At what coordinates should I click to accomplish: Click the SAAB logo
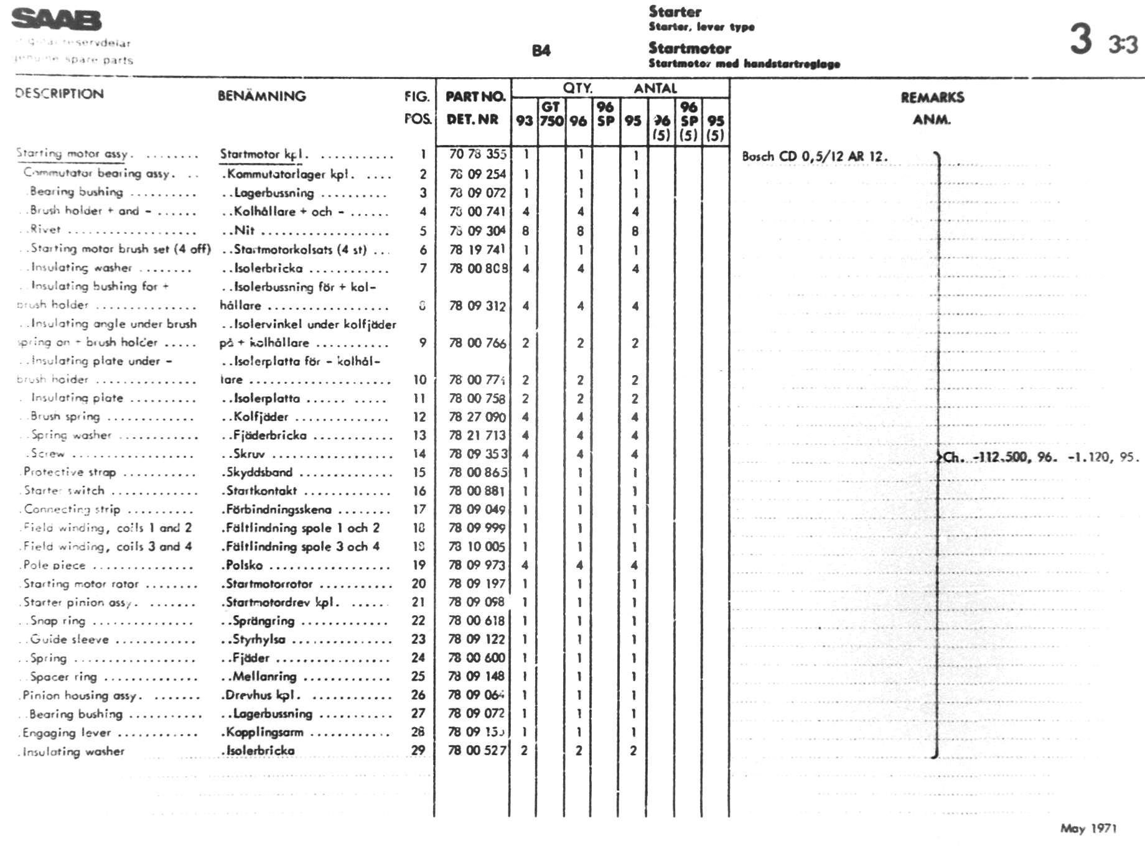[56, 19]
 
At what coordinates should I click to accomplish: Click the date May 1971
[1088, 828]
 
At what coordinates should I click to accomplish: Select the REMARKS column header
[932, 97]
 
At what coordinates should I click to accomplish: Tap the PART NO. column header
[475, 96]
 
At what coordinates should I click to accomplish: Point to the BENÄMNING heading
[261, 96]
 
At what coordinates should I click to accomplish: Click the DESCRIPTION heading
[59, 94]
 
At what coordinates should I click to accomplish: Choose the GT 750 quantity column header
[551, 114]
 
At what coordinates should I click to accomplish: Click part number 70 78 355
[477, 154]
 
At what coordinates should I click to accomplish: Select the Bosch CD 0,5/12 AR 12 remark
[815, 156]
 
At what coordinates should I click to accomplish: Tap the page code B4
[541, 51]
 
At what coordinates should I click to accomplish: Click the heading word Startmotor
[689, 48]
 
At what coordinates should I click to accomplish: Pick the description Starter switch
[64, 490]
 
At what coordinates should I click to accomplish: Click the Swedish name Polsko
[245, 565]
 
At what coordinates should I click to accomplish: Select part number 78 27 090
[477, 417]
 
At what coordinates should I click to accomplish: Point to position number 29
[418, 750]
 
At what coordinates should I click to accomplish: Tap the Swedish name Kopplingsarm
[264, 732]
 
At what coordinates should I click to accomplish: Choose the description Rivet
[45, 230]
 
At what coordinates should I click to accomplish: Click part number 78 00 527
[477, 750]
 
